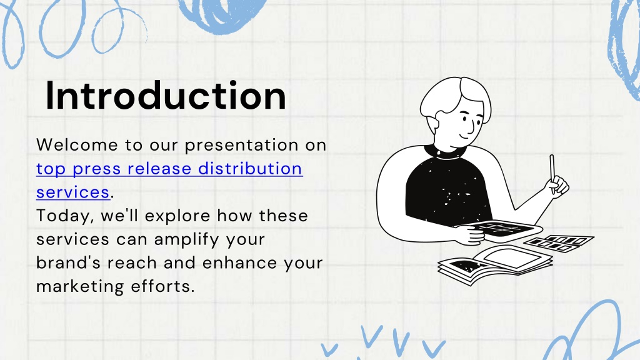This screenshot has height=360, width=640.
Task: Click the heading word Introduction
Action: coord(166,96)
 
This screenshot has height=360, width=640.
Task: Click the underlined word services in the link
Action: coord(73,192)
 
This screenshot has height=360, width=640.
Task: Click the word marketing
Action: coord(80,287)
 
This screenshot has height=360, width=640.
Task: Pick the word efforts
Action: coord(163,286)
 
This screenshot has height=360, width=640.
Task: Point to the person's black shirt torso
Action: coord(447,190)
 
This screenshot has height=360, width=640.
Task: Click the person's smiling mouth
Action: coord(464,135)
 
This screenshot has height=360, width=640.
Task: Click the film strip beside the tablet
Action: coord(559,243)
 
